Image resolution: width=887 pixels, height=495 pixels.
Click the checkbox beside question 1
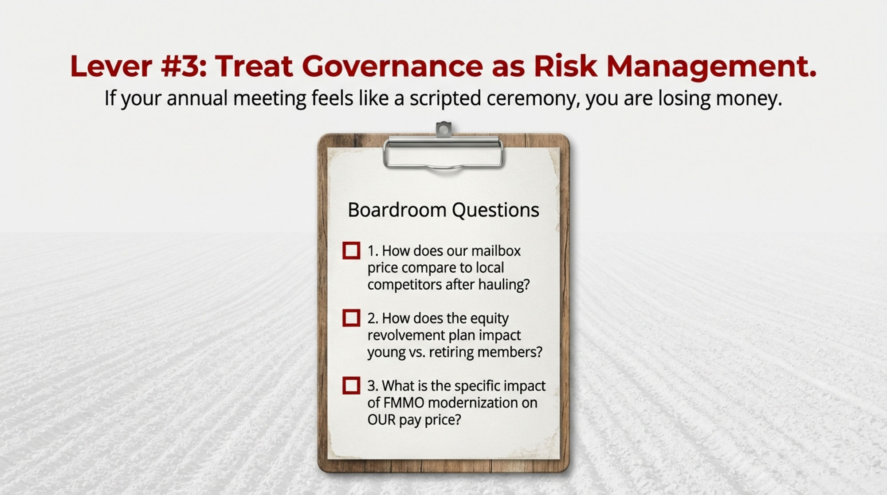tap(351, 251)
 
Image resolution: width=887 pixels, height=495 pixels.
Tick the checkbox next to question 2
tap(351, 318)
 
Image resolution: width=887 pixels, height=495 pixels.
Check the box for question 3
tap(351, 385)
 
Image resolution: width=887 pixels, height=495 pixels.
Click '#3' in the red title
tap(182, 66)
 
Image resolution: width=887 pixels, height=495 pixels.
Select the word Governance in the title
tap(393, 66)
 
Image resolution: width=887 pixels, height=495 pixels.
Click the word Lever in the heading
tap(111, 66)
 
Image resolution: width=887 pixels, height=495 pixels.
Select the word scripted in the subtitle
tap(445, 98)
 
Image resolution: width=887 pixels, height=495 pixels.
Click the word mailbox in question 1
tap(496, 251)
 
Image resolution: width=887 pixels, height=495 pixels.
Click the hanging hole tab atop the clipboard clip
tap(443, 130)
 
